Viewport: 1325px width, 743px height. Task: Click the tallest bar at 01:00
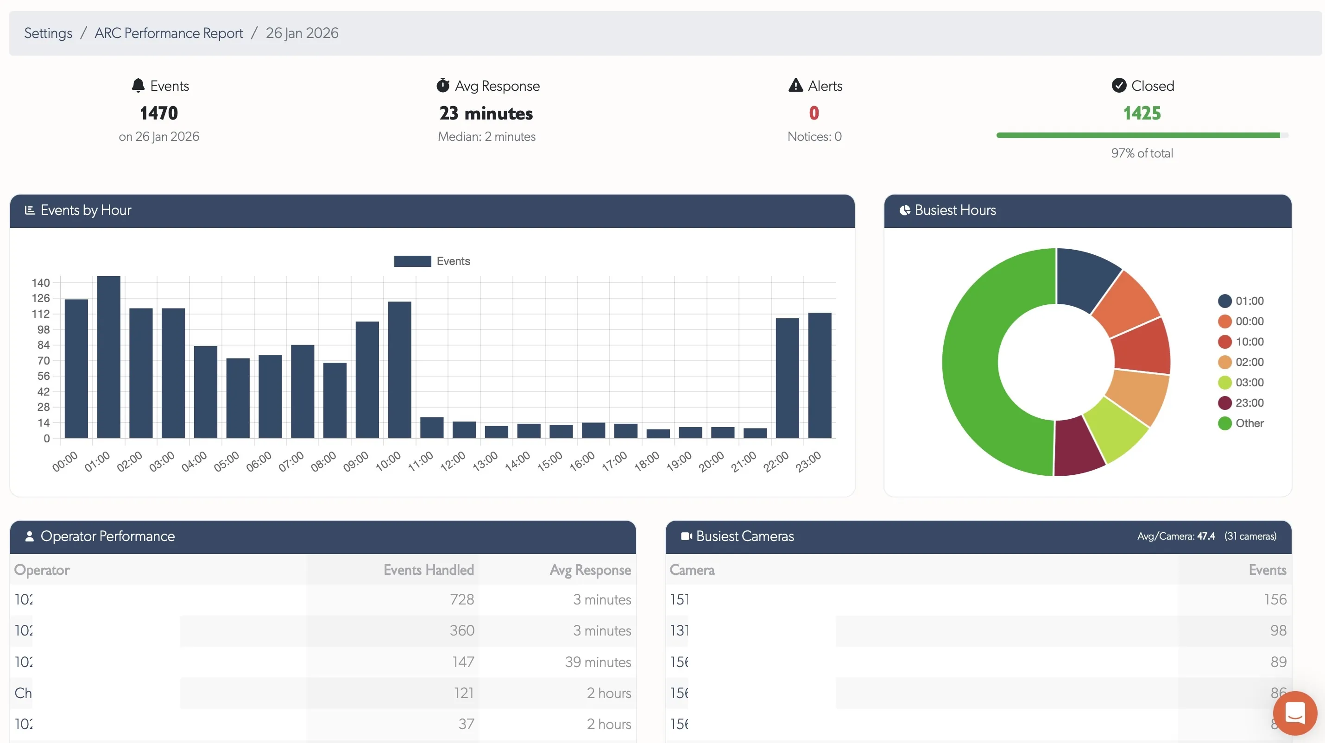(x=108, y=357)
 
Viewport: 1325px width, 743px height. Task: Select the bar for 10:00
(x=399, y=370)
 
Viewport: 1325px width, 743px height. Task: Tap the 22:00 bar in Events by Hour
(x=787, y=378)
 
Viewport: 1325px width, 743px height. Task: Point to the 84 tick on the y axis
(x=43, y=345)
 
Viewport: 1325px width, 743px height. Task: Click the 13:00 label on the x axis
(x=485, y=461)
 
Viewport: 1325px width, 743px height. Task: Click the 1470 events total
(x=158, y=113)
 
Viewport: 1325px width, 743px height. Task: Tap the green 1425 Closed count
(x=1142, y=113)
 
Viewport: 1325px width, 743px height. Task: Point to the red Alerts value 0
(x=814, y=113)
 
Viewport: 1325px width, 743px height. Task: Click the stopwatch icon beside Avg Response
(x=443, y=85)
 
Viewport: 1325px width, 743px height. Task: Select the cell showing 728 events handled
(x=461, y=599)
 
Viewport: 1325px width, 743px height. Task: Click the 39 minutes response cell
(x=598, y=662)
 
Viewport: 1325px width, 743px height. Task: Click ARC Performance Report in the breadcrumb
(x=169, y=33)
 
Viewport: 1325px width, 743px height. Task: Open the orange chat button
(x=1294, y=713)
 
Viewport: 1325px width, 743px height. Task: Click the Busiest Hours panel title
(x=955, y=210)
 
